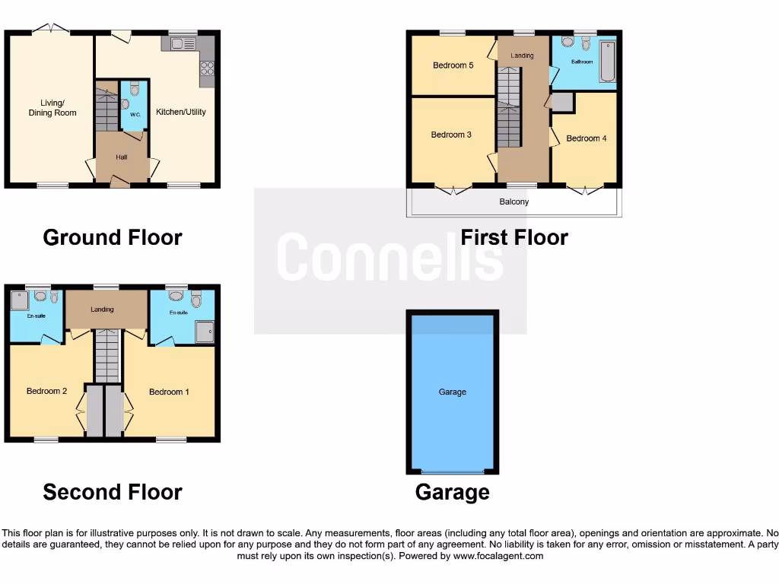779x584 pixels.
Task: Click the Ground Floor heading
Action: pyautogui.click(x=113, y=237)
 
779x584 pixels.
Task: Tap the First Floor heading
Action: pyautogui.click(x=514, y=237)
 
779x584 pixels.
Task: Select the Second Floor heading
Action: pyautogui.click(x=113, y=492)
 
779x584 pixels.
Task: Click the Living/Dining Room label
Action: pyautogui.click(x=52, y=108)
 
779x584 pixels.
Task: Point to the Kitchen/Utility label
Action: pyautogui.click(x=181, y=112)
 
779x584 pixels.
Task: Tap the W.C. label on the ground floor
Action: pyautogui.click(x=135, y=115)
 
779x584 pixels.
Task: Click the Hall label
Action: pyautogui.click(x=122, y=157)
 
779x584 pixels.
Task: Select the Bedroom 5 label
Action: pyautogui.click(x=453, y=65)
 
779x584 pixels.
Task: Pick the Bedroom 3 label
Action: pyautogui.click(x=451, y=135)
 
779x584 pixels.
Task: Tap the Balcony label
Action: pyautogui.click(x=514, y=202)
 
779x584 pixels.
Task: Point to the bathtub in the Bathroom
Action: pyautogui.click(x=606, y=62)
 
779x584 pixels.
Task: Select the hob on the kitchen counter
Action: pyautogui.click(x=206, y=73)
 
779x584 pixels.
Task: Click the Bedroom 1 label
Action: pyautogui.click(x=169, y=392)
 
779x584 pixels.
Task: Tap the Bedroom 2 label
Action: pyautogui.click(x=47, y=391)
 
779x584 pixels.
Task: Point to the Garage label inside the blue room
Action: pyautogui.click(x=453, y=392)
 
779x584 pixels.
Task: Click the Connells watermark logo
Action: pyautogui.click(x=389, y=257)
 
